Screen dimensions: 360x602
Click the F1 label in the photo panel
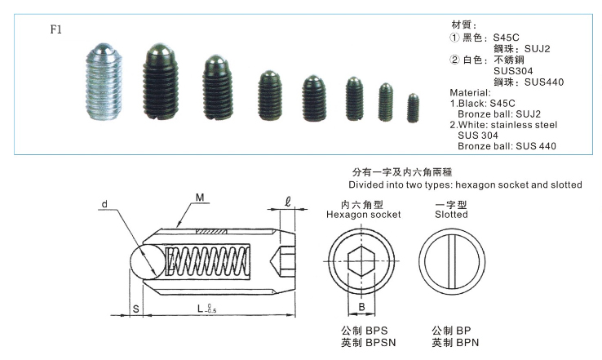point(55,29)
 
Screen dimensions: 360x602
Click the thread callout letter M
point(200,198)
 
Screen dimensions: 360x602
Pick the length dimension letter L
point(201,308)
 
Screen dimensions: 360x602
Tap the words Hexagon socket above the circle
point(363,215)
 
